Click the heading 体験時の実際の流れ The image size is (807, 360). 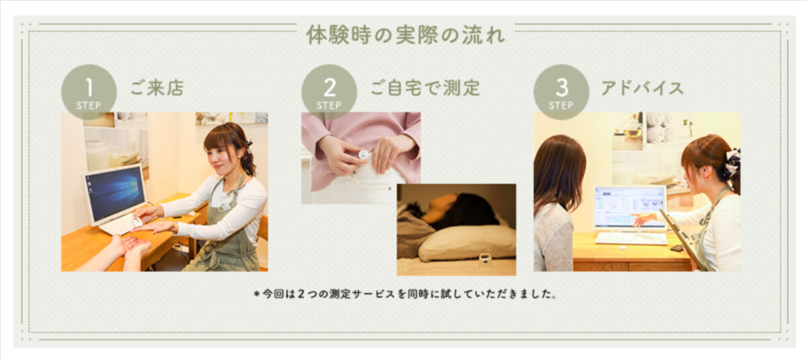click(406, 35)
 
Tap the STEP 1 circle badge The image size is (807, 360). click(89, 92)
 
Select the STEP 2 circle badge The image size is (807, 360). click(329, 92)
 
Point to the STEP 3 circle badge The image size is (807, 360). click(562, 92)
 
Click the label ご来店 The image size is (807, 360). click(157, 88)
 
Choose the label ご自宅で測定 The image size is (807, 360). click(425, 88)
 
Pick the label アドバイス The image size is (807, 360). click(642, 88)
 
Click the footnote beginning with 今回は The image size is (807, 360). click(406, 294)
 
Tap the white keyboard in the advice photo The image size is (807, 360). click(631, 238)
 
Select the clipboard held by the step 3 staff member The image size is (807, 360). click(683, 240)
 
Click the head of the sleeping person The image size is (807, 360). click(457, 210)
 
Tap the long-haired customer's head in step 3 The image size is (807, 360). click(559, 170)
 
